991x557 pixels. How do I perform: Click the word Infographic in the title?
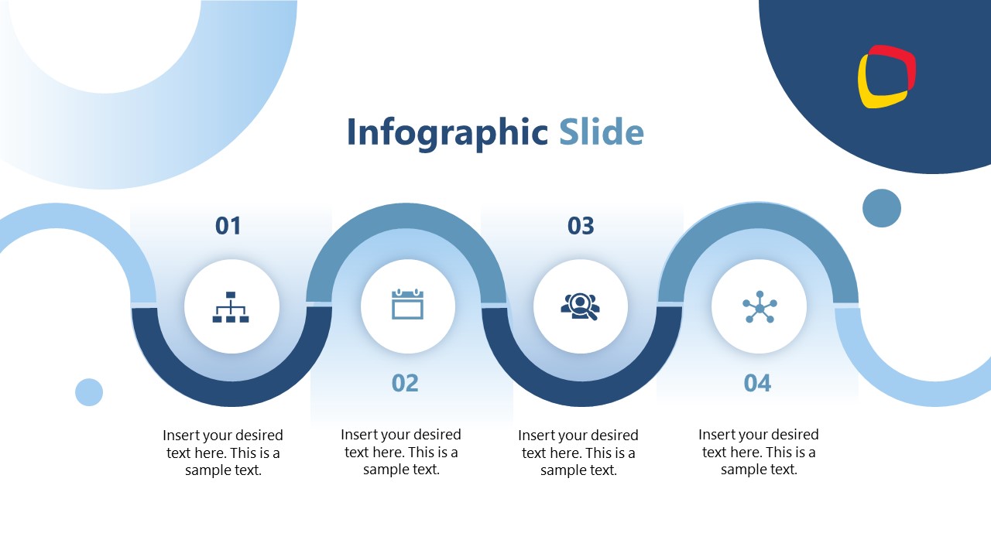coord(447,132)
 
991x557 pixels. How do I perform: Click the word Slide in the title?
coord(601,132)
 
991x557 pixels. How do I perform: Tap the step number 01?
coord(228,226)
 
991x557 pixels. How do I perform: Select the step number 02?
coord(405,383)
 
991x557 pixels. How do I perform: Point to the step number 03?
coord(581,226)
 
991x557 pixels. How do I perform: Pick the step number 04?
coord(757,383)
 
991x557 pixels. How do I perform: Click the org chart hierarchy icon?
coord(231,307)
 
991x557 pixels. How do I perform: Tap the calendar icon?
coord(407,304)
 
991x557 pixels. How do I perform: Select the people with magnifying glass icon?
coord(580,306)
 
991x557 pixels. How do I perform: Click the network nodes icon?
coord(760,307)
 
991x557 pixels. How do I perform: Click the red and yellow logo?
coord(886,77)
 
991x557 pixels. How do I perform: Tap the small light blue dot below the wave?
coord(89,392)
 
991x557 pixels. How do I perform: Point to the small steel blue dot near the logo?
coord(882,208)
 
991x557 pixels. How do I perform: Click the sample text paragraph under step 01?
coord(223,453)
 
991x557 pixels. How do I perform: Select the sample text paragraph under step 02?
coord(401,453)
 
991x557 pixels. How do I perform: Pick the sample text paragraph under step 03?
coord(578,453)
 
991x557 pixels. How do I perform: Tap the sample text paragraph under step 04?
coord(759,453)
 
